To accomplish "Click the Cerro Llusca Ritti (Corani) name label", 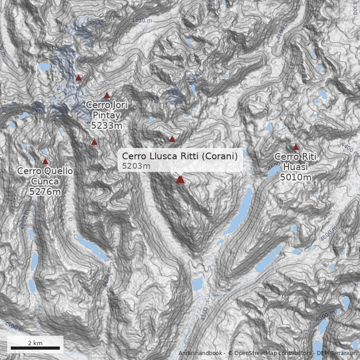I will point(180,157).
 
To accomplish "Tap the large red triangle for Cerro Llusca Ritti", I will point(180,180).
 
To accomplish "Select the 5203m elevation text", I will point(136,166).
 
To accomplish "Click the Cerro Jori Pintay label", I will point(107,109).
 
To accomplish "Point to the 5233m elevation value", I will point(107,126).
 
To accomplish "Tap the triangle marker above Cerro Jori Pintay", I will point(107,95).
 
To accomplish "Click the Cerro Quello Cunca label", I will point(45,176).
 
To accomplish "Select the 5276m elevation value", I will point(45,192).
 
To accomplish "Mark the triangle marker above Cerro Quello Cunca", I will point(45,162).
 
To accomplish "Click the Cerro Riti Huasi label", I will point(296,162).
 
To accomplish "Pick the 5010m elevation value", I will point(296,177).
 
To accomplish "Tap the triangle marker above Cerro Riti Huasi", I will point(296,147).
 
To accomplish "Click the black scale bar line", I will point(35,348).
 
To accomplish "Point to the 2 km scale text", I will point(35,343).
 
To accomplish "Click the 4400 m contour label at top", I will point(142,21).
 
